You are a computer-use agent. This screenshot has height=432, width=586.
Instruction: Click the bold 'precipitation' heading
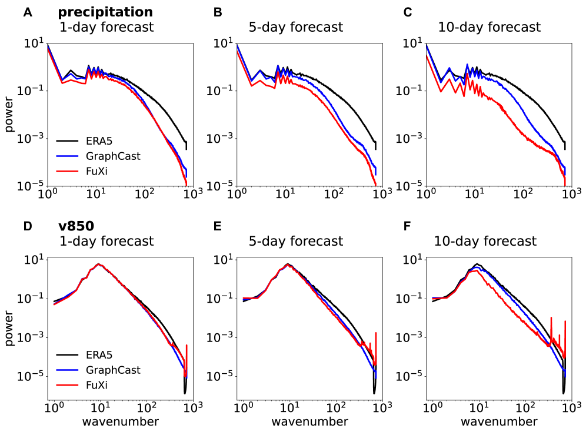(x=105, y=12)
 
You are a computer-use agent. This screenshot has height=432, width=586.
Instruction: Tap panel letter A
(x=27, y=12)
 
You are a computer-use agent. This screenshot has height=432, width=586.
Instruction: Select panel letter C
(x=407, y=12)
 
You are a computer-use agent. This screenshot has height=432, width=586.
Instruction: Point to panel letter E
(x=218, y=226)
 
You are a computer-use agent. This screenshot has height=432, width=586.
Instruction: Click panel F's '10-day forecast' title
(x=485, y=241)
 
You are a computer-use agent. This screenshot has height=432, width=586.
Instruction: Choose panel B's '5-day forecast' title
(x=295, y=27)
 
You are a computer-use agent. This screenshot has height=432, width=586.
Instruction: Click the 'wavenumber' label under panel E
(x=309, y=421)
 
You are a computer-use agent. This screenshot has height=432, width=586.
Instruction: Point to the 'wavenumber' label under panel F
(x=499, y=421)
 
